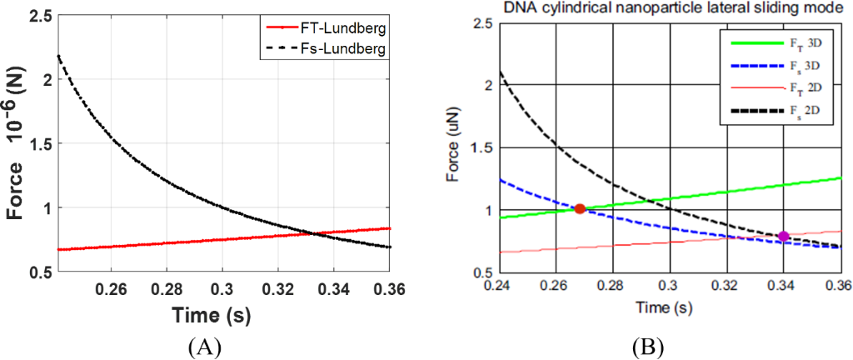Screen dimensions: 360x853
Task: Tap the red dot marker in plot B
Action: click(580, 208)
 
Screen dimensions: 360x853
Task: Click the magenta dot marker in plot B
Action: click(783, 237)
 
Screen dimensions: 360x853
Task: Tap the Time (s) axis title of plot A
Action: click(212, 316)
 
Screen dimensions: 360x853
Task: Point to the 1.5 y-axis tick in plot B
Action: click(479, 147)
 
